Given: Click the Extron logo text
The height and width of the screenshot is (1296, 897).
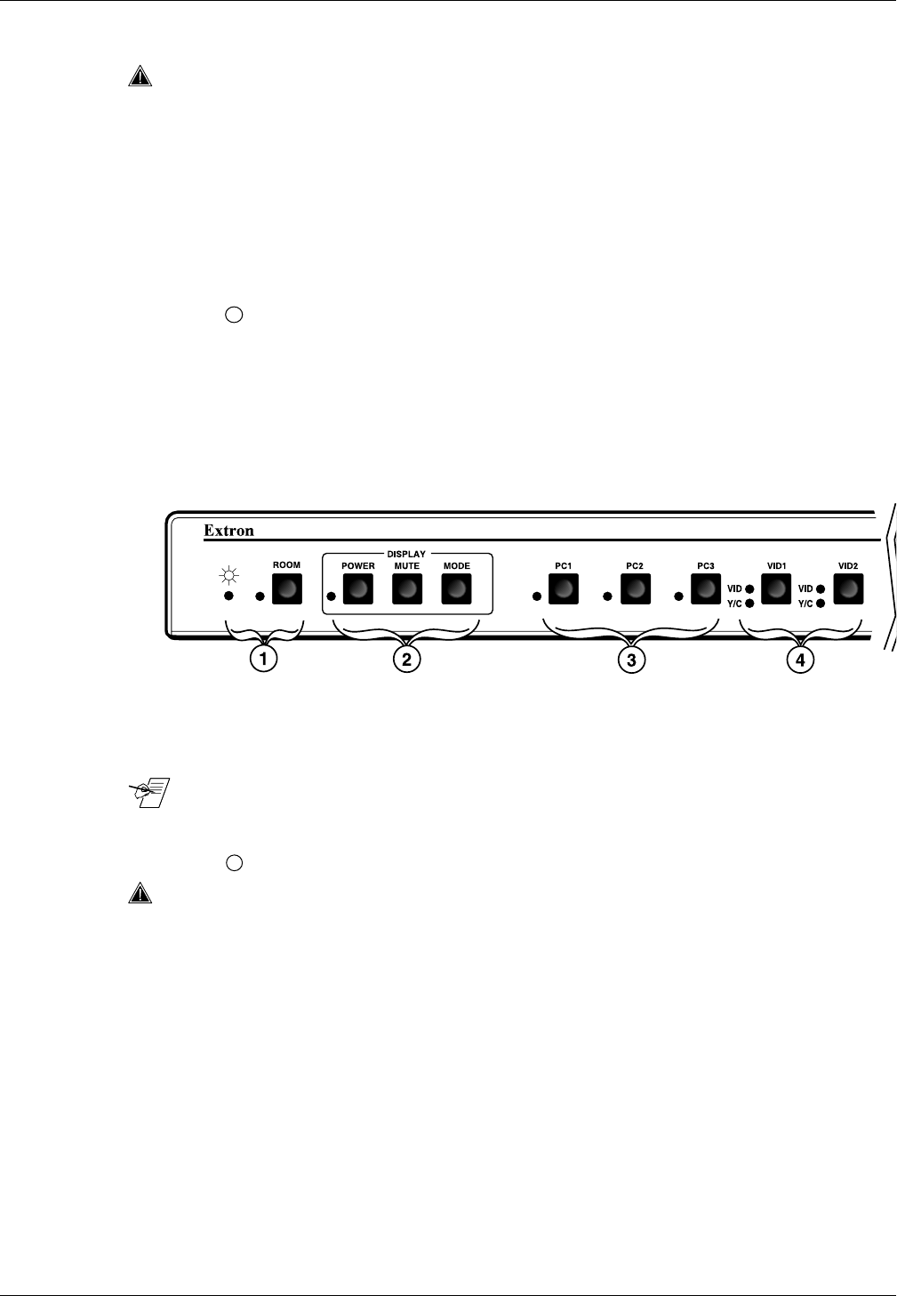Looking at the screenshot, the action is (x=229, y=531).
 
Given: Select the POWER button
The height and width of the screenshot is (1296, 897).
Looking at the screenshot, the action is (x=358, y=588).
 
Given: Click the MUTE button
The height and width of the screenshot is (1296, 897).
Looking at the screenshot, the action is (x=407, y=588).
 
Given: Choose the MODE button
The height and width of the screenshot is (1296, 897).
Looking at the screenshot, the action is (x=456, y=588).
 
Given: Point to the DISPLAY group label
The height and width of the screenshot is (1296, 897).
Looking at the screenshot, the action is (x=406, y=555).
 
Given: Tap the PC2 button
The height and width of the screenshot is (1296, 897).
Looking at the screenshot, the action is (x=635, y=588).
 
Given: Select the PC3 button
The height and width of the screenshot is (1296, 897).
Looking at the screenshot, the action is (x=706, y=588).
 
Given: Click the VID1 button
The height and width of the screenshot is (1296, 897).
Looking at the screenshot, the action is (x=776, y=588).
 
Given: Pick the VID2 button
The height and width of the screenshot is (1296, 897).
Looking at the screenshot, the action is (x=847, y=588).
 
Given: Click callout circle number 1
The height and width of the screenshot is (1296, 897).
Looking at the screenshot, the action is (x=263, y=659).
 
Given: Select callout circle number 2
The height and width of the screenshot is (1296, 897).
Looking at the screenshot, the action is (x=406, y=659).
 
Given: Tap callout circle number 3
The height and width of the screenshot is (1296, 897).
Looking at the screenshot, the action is (x=631, y=659).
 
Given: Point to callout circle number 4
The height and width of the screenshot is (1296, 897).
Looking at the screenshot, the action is (x=801, y=659).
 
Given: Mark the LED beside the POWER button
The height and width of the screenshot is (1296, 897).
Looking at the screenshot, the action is (x=332, y=596).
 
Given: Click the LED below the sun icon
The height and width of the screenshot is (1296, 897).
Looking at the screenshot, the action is (x=228, y=596).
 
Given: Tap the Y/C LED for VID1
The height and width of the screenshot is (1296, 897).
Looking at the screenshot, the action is (x=750, y=604).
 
